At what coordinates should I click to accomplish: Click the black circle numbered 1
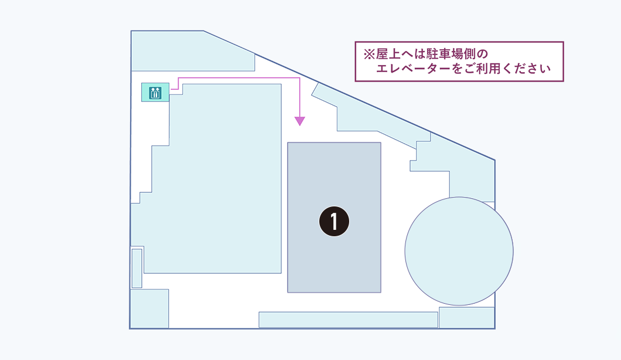click(x=335, y=221)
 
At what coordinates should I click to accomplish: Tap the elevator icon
click(x=155, y=93)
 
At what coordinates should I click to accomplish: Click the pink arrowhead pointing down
click(x=300, y=121)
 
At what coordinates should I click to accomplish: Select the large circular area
click(x=459, y=251)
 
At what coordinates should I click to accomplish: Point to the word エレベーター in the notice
click(x=413, y=69)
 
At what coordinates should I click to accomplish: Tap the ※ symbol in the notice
click(x=369, y=54)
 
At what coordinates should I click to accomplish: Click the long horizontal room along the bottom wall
click(x=348, y=320)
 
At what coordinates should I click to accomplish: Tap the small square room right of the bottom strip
click(x=466, y=317)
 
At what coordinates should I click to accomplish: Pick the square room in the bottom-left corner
click(x=150, y=308)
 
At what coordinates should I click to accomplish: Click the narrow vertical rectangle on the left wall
click(x=137, y=269)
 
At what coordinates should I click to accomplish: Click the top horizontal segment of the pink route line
click(x=239, y=78)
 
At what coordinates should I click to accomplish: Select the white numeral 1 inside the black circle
click(x=335, y=221)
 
